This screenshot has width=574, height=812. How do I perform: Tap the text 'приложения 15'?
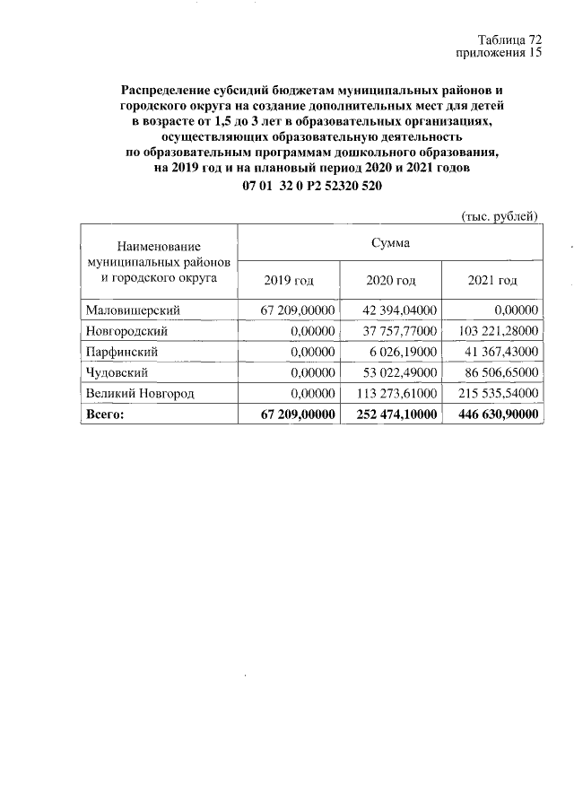coord(500,53)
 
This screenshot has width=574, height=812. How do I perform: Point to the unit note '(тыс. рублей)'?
coord(499,215)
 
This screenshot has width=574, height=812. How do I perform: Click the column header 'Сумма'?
coord(390,241)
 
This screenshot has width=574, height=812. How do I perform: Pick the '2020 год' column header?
coord(390,281)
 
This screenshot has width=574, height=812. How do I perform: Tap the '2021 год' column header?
coord(492,281)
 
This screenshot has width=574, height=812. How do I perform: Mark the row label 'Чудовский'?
coord(117,372)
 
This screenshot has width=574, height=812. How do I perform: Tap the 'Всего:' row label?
coord(106,414)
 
